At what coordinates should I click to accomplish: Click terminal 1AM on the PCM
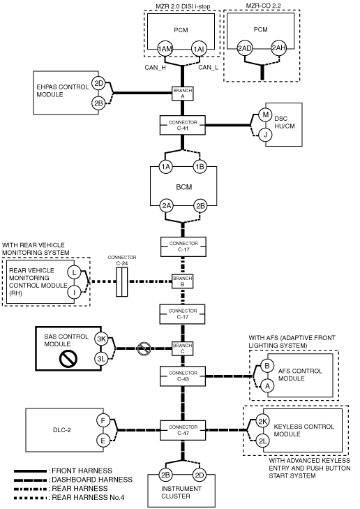coord(165,49)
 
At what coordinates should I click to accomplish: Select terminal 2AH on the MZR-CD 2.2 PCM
coord(278,48)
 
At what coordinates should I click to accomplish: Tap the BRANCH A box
coord(183,94)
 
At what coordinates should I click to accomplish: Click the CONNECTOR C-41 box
coord(183,125)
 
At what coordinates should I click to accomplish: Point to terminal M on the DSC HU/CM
coord(266,115)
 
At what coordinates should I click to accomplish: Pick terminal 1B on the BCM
coord(200,167)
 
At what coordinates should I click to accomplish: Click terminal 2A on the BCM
coord(166,206)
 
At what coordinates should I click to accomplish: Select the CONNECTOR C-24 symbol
coord(122,281)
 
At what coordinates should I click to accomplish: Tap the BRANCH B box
coord(183,281)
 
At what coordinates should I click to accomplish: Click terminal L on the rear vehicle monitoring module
coord(74,272)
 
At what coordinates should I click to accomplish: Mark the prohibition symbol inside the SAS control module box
coord(68,359)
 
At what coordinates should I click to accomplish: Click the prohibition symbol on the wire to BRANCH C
coord(144,348)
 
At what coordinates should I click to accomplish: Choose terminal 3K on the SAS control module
coord(102,339)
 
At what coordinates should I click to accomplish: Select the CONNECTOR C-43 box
coord(183,376)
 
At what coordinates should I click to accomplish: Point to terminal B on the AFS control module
coord(267,366)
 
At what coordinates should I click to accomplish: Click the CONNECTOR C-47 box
coord(183,430)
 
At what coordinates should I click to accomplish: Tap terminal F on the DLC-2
coord(103,421)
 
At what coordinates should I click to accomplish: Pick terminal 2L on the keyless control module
coord(262,441)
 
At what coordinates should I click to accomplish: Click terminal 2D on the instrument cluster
coord(199,475)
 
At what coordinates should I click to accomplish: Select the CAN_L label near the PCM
coord(208,68)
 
